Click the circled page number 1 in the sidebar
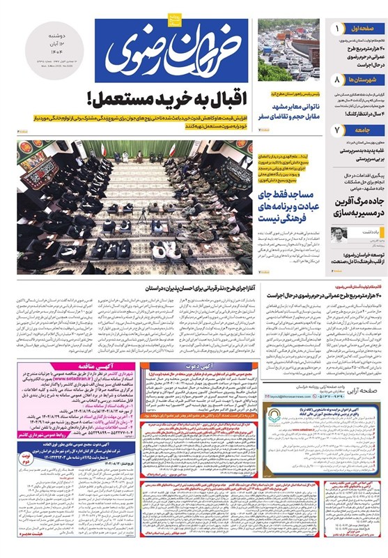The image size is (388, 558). [x=336, y=29]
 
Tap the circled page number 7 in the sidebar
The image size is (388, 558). [x=336, y=130]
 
